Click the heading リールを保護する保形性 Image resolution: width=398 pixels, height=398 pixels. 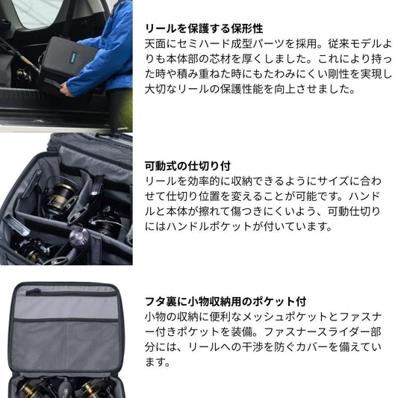[x=204, y=28]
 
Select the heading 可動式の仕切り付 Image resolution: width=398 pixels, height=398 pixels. [x=187, y=166]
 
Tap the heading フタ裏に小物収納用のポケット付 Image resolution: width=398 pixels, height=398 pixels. [x=226, y=302]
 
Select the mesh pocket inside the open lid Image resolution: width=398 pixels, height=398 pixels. [x=65, y=346]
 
